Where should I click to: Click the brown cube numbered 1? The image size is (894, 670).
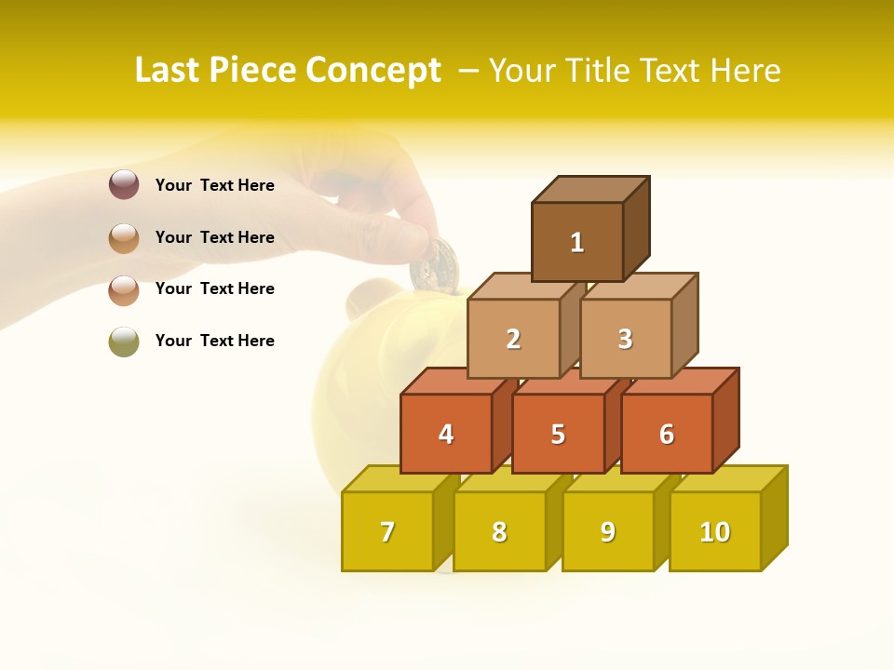(x=577, y=242)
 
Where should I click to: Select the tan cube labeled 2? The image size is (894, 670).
(x=513, y=339)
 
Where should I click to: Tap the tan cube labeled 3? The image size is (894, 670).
(x=625, y=339)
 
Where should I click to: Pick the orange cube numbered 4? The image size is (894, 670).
(x=446, y=434)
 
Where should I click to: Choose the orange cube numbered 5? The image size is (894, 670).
(x=558, y=434)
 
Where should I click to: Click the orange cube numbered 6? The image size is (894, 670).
(x=667, y=434)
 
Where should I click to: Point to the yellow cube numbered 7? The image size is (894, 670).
(x=387, y=531)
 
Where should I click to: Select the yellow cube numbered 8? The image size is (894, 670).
(x=499, y=531)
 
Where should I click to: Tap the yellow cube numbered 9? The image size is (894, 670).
(x=607, y=531)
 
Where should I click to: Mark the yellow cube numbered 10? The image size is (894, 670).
(x=715, y=531)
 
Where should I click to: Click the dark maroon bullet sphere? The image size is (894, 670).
(x=124, y=185)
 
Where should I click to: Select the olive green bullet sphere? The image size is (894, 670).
(x=124, y=342)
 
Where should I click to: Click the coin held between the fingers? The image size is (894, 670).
(x=434, y=262)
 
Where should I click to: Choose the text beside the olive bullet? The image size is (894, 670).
(x=215, y=341)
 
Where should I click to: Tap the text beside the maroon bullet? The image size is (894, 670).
(x=215, y=185)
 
